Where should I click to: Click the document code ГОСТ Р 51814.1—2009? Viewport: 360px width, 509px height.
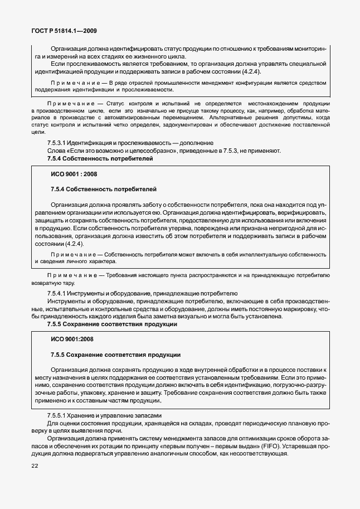click(x=64, y=31)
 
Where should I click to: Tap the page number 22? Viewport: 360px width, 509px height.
click(x=35, y=466)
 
